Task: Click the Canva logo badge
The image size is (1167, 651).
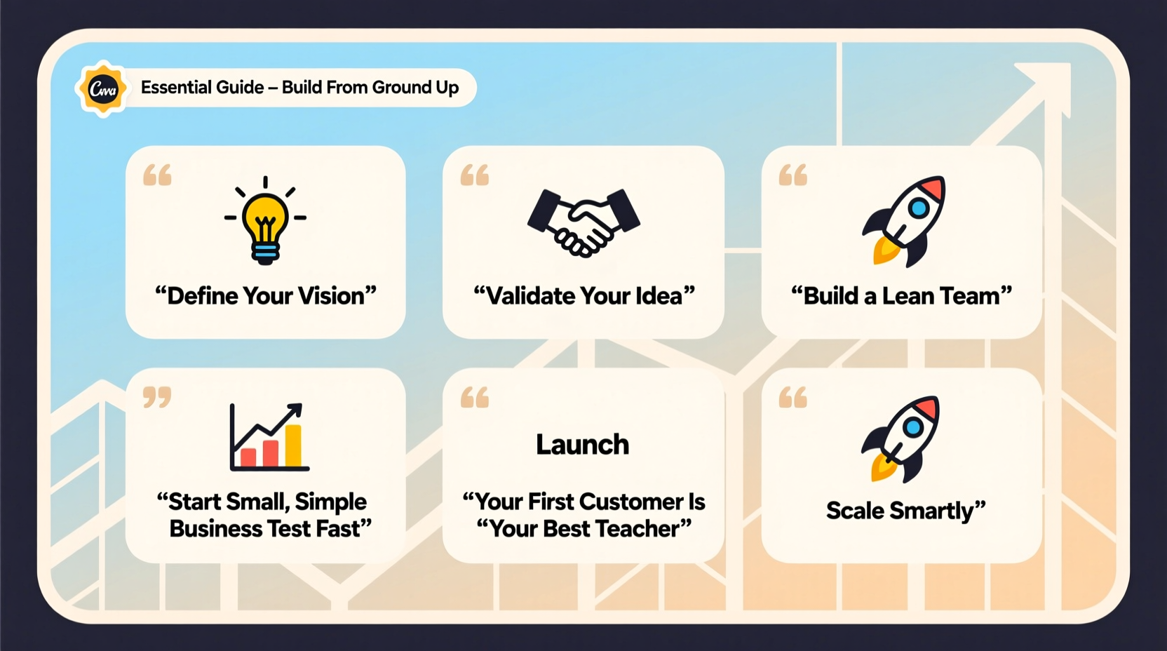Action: point(103,89)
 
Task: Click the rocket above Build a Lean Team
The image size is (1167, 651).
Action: point(905,220)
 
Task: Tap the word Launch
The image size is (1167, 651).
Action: point(582,445)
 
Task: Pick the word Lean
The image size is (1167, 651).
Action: point(908,296)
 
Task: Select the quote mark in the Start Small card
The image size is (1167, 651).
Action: point(157,397)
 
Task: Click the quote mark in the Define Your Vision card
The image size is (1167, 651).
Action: point(157,175)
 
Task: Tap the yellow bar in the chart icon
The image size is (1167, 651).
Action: point(293,445)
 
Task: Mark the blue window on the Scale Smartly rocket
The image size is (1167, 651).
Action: point(912,426)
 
